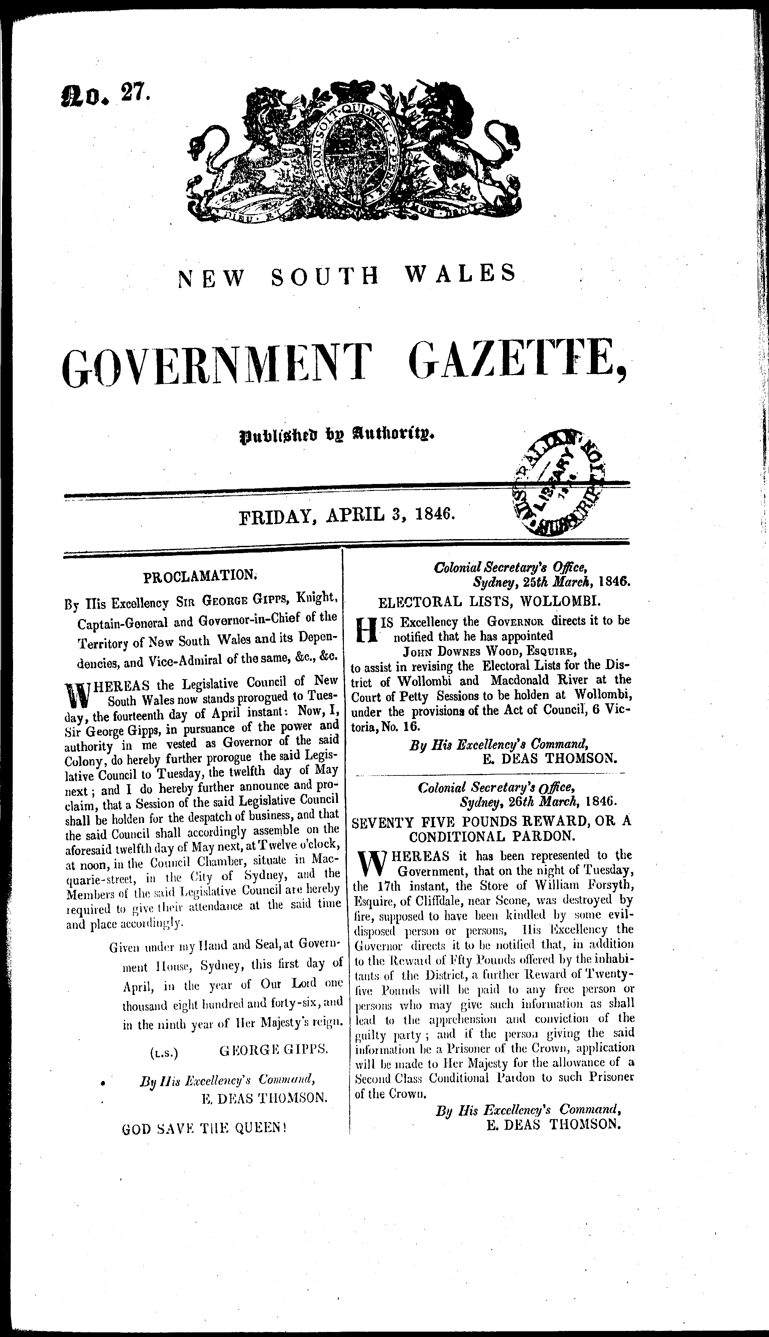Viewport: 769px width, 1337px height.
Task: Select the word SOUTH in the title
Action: (x=326, y=277)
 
